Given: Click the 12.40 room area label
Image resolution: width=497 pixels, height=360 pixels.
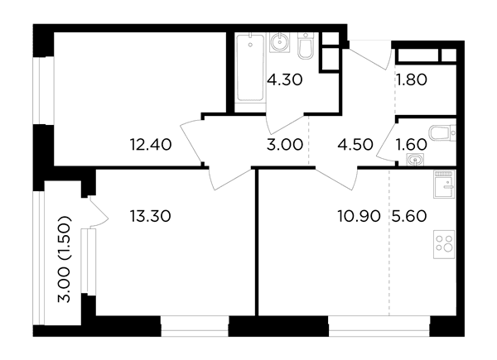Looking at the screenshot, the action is pyautogui.click(x=151, y=145).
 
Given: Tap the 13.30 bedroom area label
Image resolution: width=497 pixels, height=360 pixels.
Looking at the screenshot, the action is pyautogui.click(x=150, y=216).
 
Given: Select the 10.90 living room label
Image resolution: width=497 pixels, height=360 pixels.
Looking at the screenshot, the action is pyautogui.click(x=359, y=216).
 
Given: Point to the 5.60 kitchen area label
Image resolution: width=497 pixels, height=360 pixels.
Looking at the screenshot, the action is pyautogui.click(x=409, y=216).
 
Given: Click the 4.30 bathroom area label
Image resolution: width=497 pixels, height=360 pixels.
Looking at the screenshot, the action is pyautogui.click(x=285, y=79).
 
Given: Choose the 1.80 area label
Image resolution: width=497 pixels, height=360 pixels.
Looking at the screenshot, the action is pyautogui.click(x=411, y=79).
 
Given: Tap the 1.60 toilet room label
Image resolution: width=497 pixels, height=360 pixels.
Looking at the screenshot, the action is pyautogui.click(x=411, y=145).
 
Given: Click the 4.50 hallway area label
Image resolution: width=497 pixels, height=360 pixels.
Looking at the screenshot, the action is pyautogui.click(x=355, y=145).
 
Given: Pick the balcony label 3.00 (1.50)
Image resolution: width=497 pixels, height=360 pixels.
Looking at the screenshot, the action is pyautogui.click(x=64, y=259).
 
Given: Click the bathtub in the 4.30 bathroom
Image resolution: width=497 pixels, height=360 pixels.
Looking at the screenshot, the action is pyautogui.click(x=250, y=68).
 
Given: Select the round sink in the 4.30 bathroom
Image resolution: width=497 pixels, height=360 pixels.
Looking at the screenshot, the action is pyautogui.click(x=280, y=42).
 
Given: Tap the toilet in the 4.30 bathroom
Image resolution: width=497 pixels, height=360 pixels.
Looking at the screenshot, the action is pyautogui.click(x=306, y=46).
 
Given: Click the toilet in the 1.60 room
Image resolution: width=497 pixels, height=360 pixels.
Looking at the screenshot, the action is pyautogui.click(x=442, y=133).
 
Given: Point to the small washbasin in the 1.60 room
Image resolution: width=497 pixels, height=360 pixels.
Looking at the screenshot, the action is pyautogui.click(x=416, y=160).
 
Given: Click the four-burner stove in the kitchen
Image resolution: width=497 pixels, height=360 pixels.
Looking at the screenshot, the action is pyautogui.click(x=444, y=244).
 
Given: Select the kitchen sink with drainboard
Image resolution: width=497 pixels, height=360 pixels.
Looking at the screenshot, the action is pyautogui.click(x=444, y=185).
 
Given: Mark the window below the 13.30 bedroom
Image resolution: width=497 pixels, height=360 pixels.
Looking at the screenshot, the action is pyautogui.click(x=195, y=326).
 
